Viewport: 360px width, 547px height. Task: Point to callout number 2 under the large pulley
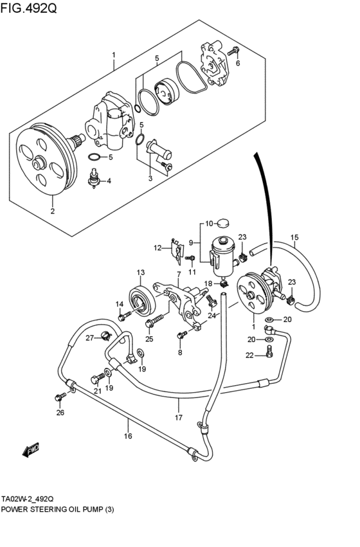point(53,210)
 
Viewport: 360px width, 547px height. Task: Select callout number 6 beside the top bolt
point(237,63)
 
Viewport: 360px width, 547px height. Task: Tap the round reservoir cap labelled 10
point(222,224)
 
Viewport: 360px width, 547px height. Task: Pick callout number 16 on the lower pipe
point(128,436)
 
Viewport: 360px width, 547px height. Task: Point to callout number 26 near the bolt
point(60,413)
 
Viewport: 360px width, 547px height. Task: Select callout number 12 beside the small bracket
point(157,247)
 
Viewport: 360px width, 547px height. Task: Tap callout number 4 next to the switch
point(109,181)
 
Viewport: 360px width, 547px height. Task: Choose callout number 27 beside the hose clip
point(90,339)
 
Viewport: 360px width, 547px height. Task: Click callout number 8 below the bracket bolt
point(180,352)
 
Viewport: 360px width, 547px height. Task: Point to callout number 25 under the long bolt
point(149,339)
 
